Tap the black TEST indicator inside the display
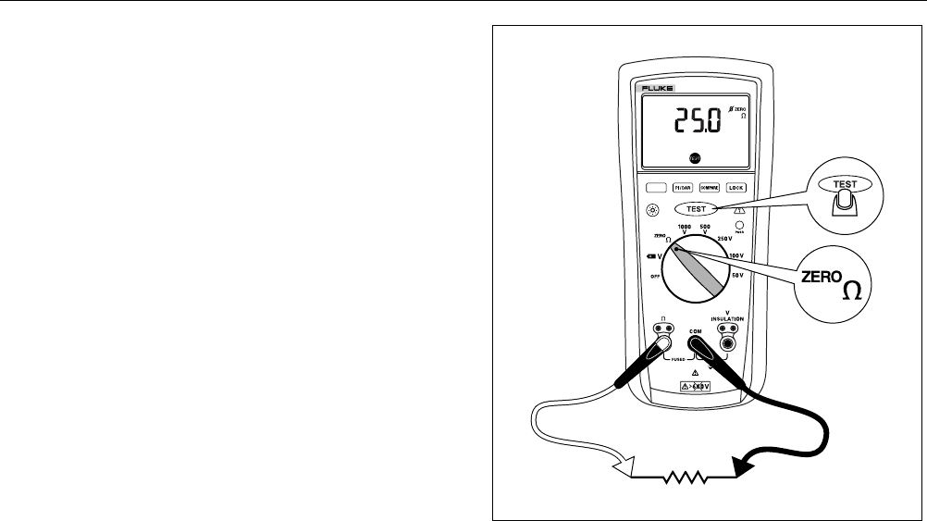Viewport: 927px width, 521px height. pyautogui.click(x=695, y=158)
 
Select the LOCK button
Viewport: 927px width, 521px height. pyautogui.click(x=735, y=187)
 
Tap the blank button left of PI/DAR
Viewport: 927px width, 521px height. pyautogui.click(x=655, y=187)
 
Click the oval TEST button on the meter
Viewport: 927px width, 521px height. pyautogui.click(x=696, y=209)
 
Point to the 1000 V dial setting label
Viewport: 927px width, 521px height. pyautogui.click(x=686, y=229)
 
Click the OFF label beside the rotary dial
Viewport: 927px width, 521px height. pyautogui.click(x=654, y=277)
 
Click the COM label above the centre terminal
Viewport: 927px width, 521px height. pyautogui.click(x=695, y=330)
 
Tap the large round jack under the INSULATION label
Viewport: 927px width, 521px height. pyautogui.click(x=728, y=344)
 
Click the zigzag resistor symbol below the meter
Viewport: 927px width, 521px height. pyautogui.click(x=683, y=478)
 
